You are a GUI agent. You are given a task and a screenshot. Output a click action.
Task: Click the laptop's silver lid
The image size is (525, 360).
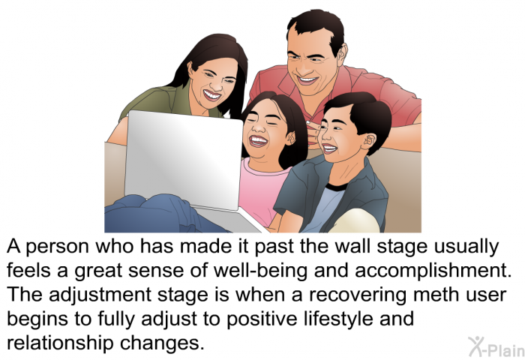click(x=184, y=159)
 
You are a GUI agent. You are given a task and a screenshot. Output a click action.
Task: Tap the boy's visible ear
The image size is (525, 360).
click(x=367, y=141)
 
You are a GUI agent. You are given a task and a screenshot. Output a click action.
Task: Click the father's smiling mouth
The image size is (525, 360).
click(x=307, y=80)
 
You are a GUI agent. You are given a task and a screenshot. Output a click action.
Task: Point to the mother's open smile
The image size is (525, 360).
click(x=212, y=94)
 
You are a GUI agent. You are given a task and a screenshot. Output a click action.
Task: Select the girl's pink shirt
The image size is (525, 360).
click(x=264, y=191)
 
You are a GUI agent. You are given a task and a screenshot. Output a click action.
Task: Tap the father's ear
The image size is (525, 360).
click(x=342, y=55)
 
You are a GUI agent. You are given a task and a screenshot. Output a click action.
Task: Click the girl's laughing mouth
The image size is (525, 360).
click(x=259, y=141)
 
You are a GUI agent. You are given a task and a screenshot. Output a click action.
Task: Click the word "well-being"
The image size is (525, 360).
click(x=260, y=271)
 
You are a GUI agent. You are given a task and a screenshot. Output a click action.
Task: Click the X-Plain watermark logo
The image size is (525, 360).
click(x=496, y=346)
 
